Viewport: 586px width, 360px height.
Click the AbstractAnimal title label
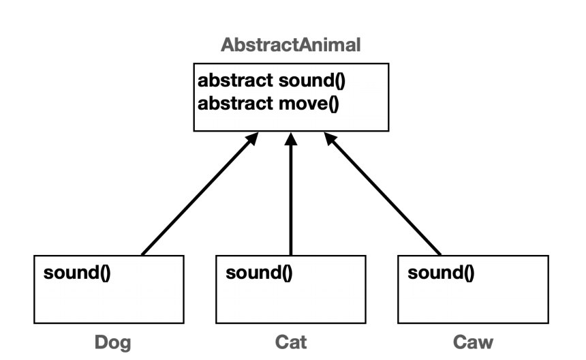291,46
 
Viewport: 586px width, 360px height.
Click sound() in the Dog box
78,273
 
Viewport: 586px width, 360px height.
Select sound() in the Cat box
260,273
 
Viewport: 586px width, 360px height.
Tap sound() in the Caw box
442,273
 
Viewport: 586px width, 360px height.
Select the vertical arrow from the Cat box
291,198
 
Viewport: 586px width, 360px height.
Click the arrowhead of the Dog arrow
253,138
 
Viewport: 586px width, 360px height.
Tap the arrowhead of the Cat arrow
291,138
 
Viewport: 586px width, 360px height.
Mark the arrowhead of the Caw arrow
330,138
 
